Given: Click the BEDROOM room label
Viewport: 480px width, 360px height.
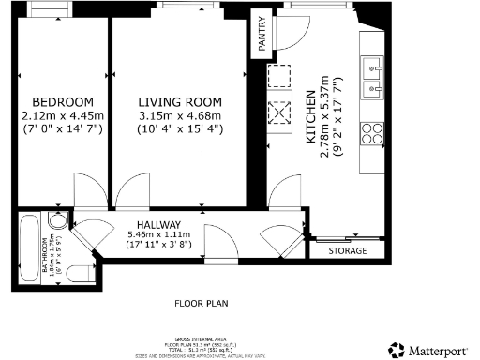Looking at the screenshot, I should pyautogui.click(x=63, y=102).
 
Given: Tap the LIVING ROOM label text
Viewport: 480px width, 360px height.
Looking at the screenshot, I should pyautogui.click(x=180, y=102).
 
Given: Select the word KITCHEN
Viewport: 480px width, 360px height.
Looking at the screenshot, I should pyautogui.click(x=310, y=115).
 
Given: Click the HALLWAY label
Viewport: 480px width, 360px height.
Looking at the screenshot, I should pyautogui.click(x=158, y=223).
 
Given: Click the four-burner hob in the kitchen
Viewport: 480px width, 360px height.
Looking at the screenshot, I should pyautogui.click(x=371, y=130).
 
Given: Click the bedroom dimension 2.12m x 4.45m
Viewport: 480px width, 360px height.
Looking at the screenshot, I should pyautogui.click(x=63, y=115).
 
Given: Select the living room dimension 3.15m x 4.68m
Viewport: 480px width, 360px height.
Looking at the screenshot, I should pyautogui.click(x=180, y=115).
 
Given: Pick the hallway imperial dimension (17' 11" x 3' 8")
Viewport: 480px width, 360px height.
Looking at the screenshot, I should pyautogui.click(x=158, y=245).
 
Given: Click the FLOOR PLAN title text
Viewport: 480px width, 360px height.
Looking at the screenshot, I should pyautogui.click(x=201, y=304).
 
